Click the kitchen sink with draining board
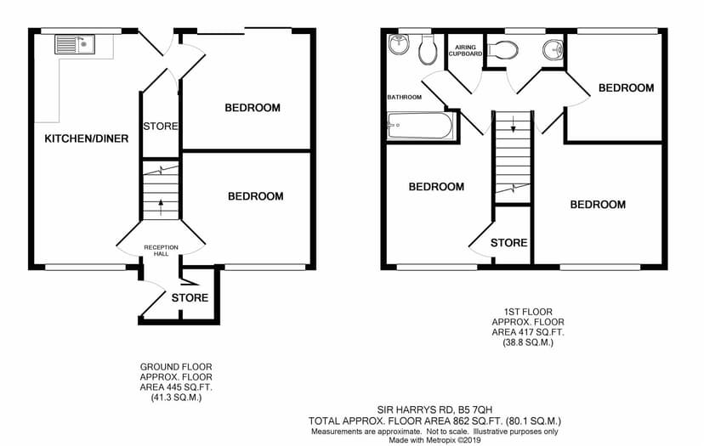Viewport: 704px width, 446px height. coord(75,44)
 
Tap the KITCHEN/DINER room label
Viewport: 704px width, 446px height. coord(87,138)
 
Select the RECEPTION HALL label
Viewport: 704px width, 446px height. coord(162,251)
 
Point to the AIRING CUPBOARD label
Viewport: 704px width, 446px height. coord(465,50)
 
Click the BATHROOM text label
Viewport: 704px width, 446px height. coord(405,97)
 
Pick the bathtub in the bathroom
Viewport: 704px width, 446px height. coord(421,126)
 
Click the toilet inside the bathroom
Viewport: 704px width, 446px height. coord(428,50)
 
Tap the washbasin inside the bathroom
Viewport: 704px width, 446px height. coord(399,44)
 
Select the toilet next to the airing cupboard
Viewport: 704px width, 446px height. coord(502,49)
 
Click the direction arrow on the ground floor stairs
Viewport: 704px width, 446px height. coord(161,207)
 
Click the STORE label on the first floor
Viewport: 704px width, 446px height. coord(508,243)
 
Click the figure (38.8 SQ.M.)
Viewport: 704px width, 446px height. coord(527,342)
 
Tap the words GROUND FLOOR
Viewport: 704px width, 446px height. coord(176,367)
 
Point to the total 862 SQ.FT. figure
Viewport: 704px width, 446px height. coord(478,421)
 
